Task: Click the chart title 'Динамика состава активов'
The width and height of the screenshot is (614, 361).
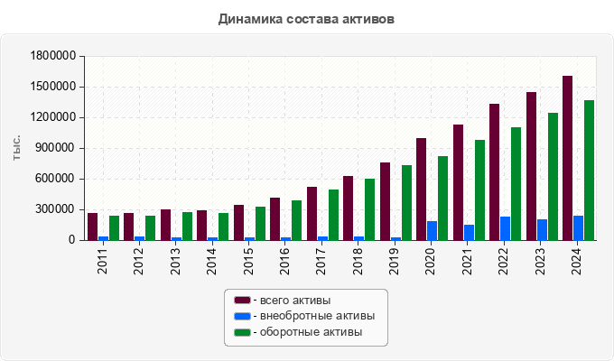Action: pos(306,19)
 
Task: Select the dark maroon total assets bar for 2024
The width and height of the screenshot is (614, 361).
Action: pos(567,158)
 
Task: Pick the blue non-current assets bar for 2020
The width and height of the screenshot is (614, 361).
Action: pos(432,230)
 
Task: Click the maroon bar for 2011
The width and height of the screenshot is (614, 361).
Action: pos(92,227)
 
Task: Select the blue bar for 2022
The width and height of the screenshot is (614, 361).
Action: pos(505,228)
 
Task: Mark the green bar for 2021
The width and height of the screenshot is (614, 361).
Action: pos(479,190)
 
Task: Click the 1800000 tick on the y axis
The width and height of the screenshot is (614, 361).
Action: pos(51,56)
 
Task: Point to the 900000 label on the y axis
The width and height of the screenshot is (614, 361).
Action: pos(55,148)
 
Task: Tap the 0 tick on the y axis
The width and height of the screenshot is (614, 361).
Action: pos(73,240)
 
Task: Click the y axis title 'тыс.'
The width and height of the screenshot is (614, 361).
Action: pos(17,148)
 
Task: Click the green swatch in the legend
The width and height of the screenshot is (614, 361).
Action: pos(242,332)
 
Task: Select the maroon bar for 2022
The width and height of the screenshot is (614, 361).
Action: pos(494,171)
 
